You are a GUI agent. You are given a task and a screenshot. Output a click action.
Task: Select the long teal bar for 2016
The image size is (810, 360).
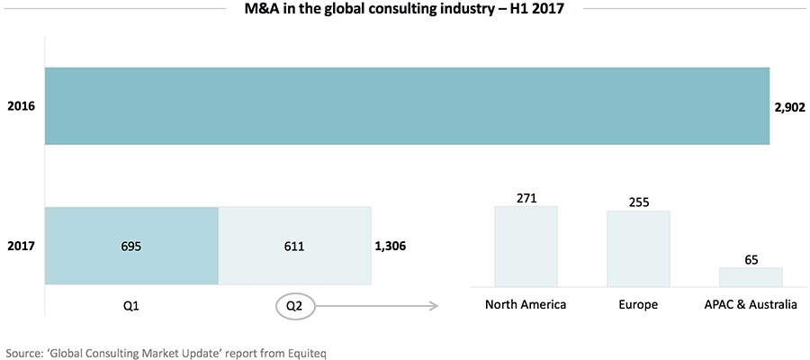[406, 106]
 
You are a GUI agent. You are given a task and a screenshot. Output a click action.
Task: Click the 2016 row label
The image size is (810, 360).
[21, 106]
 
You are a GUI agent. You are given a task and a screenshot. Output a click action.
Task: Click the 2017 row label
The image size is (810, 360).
[21, 245]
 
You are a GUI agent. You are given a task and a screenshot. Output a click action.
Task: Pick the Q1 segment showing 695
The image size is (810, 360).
[130, 245]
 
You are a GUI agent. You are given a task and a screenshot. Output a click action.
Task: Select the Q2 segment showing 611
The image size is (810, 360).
[294, 245]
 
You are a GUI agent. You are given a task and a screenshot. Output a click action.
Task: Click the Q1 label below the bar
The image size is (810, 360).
[130, 304]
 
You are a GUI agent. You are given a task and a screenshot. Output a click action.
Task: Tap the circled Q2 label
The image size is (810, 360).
[294, 305]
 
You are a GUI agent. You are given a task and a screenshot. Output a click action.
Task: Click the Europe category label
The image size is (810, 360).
[638, 304]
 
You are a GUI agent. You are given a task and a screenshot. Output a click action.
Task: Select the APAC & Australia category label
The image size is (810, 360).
[751, 304]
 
